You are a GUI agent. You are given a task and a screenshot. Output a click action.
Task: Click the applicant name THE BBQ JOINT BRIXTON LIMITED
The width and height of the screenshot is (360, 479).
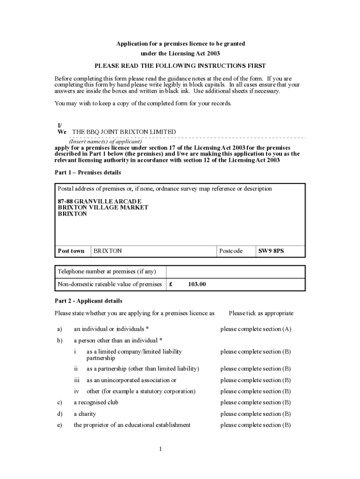[x=124, y=132]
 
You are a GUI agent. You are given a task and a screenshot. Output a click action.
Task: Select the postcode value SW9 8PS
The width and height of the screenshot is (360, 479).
[x=271, y=251]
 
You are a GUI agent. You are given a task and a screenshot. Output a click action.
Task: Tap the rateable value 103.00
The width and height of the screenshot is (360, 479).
[x=197, y=284]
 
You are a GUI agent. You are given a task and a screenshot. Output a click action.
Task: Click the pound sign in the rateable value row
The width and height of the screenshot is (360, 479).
[x=171, y=284]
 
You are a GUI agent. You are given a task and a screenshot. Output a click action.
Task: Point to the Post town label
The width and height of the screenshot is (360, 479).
[x=71, y=251]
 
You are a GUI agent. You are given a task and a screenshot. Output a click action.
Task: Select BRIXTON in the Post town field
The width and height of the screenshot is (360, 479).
[x=108, y=251]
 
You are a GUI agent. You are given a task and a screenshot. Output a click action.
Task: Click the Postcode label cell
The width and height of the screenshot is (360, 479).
[x=231, y=251]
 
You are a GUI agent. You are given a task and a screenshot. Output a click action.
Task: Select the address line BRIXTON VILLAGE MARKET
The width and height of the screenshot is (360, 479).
[x=103, y=207]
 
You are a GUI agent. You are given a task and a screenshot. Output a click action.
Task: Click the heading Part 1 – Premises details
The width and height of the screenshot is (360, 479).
[x=88, y=173]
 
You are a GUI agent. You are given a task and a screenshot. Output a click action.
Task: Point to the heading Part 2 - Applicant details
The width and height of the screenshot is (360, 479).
[x=88, y=301]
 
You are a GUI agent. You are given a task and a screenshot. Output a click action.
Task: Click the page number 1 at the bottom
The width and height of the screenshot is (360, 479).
[x=160, y=450]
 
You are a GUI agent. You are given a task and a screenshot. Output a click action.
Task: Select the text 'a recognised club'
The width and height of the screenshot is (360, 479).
[x=96, y=402]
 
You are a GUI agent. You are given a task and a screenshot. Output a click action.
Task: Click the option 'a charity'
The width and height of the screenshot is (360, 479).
[x=84, y=414]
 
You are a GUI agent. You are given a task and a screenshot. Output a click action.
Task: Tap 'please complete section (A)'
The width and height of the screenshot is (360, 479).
[x=256, y=329]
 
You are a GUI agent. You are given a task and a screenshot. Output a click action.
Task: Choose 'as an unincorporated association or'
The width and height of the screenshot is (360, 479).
[x=131, y=380]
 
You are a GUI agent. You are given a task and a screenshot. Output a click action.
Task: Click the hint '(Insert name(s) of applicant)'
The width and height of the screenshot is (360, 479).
[x=105, y=141]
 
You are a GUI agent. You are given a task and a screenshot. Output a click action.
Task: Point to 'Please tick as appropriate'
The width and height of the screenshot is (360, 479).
[x=261, y=313]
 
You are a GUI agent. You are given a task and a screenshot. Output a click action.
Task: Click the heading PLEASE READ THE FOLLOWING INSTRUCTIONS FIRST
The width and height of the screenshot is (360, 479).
[x=180, y=65]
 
